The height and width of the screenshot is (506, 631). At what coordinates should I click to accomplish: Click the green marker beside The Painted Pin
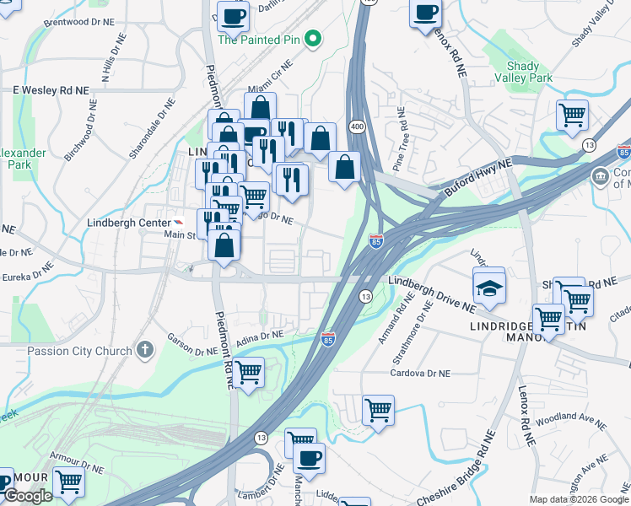pos(312,38)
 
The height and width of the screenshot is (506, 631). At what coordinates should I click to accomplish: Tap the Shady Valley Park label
pos(529,71)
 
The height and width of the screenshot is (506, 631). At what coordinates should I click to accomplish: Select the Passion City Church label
pos(79,351)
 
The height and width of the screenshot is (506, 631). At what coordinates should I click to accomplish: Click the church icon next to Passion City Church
pos(145,350)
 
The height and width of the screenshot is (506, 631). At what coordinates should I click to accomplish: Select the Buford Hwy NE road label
pos(473,178)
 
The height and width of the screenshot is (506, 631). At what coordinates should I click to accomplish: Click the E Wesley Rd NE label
pos(51,89)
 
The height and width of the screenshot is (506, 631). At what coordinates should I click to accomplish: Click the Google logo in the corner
pos(27,496)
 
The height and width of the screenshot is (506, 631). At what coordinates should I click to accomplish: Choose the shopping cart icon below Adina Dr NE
pos(249,371)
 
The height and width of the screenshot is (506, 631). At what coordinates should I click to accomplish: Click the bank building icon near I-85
pos(600,176)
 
